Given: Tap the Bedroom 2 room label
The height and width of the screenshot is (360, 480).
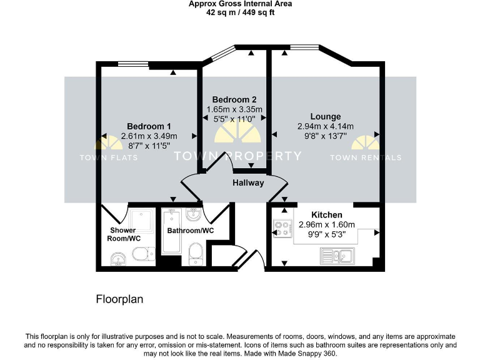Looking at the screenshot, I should click(x=234, y=99).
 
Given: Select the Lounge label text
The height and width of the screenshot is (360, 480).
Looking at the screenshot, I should click(x=325, y=116).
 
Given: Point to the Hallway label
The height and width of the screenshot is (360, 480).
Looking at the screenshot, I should click(x=248, y=183).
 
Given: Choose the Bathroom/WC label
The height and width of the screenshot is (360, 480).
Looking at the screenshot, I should click(x=190, y=231).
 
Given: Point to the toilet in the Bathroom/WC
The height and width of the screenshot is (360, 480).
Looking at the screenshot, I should click(x=196, y=254).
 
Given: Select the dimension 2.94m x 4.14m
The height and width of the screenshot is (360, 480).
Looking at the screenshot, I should click(x=325, y=126).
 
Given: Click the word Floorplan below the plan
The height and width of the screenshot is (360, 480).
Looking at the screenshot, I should click(x=119, y=299).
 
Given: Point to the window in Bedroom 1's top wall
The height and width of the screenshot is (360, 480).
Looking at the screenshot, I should click(x=133, y=62).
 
